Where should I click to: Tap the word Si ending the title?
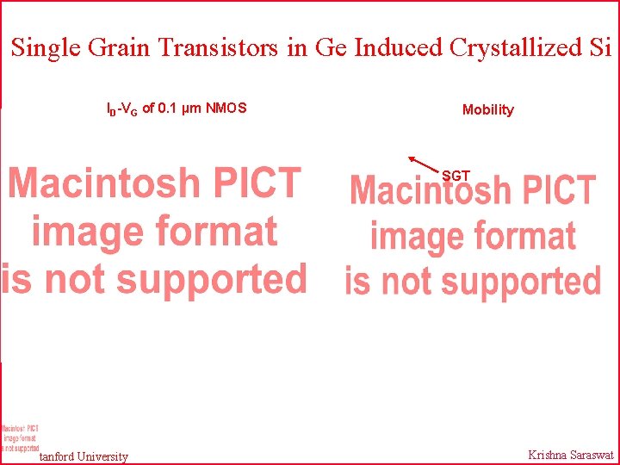tap(600, 48)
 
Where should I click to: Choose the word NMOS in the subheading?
tap(226, 108)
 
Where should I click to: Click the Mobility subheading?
tap(487, 110)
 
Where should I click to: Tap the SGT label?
tap(456, 176)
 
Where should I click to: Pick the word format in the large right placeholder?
tap(526, 235)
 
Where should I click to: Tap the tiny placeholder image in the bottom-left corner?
tap(19, 438)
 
